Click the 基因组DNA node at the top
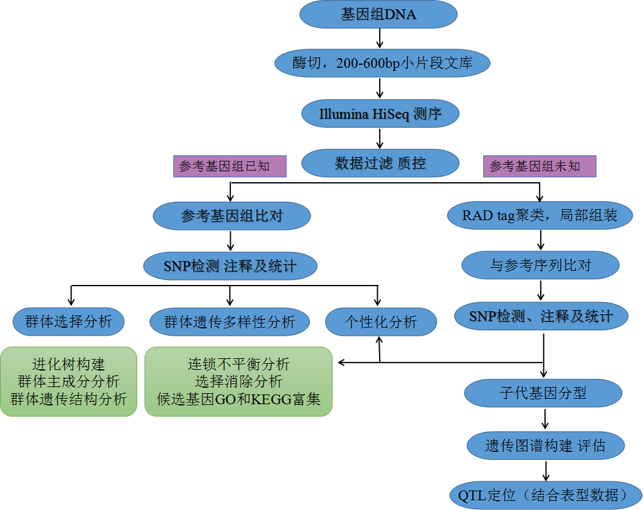point(378,15)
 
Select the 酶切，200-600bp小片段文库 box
point(382,63)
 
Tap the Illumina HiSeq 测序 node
point(380,114)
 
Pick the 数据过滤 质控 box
point(380,163)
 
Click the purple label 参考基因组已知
point(230,166)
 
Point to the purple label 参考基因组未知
point(540,166)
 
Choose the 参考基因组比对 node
point(231,216)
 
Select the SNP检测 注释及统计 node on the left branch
point(230,266)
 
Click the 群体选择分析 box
point(69,321)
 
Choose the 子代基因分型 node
point(543,393)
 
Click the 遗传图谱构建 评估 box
point(546,446)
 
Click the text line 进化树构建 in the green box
point(69,365)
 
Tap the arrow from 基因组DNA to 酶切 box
point(380,39)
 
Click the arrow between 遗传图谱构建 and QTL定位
point(544,470)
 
